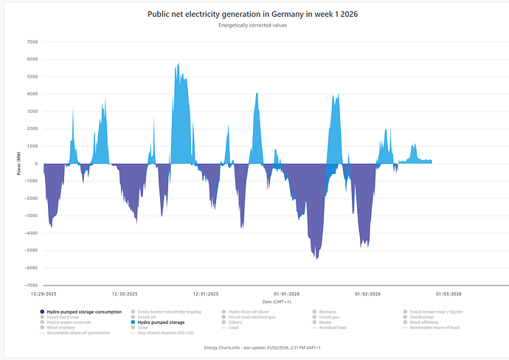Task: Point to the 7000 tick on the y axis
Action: (32, 42)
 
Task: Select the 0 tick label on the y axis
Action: (35, 164)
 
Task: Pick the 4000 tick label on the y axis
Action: (32, 94)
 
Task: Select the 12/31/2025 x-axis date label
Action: (205, 294)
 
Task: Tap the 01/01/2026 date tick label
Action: (285, 294)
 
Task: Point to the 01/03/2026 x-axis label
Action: (447, 294)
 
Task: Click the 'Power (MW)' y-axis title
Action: (18, 164)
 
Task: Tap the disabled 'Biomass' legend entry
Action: (328, 312)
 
